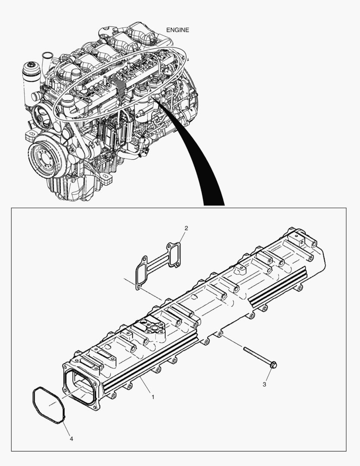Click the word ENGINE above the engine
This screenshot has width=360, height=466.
pos(178,30)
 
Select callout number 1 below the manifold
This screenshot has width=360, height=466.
pos(152,396)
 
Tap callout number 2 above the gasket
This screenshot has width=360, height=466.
pos(186,228)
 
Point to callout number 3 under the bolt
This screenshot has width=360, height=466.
pos(264,384)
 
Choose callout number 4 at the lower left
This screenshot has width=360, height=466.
pos(71,439)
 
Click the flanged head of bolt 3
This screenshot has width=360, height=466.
pos(273,365)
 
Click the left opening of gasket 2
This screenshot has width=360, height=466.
pos(141,275)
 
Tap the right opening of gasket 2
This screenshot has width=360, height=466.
pos(174,254)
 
